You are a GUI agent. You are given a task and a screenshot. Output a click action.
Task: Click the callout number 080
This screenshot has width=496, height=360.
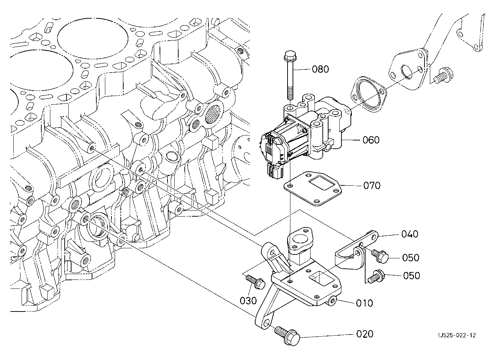point(320,69)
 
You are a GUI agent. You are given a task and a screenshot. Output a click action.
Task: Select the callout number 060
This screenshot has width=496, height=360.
point(371,140)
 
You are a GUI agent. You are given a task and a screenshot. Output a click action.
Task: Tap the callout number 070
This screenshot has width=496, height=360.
point(372,185)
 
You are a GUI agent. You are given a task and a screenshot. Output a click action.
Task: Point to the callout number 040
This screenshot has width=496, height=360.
point(410,234)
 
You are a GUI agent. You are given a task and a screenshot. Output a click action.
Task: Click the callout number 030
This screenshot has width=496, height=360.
point(248,301)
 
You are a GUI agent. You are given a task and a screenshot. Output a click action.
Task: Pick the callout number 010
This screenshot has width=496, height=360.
point(364,303)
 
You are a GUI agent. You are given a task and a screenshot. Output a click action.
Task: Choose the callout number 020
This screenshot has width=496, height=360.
point(365,334)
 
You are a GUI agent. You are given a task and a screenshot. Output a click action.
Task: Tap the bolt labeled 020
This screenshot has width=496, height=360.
point(287,336)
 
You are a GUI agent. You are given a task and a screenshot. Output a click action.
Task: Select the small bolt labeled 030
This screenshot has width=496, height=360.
point(255,282)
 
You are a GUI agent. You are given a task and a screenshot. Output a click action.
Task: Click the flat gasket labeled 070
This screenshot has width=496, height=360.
point(313,188)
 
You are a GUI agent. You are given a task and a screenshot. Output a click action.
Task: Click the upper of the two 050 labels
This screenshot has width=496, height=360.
point(411,258)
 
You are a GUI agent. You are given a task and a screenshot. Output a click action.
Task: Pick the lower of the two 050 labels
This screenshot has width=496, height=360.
point(412,276)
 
